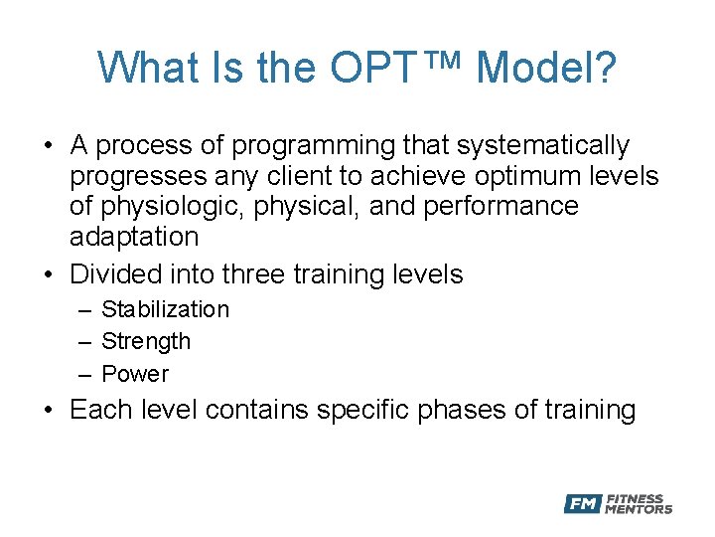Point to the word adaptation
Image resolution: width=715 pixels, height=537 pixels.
pyautogui.click(x=134, y=237)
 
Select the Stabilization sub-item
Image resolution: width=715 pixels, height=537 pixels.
pyautogui.click(x=165, y=309)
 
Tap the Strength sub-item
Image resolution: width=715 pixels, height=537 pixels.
pyautogui.click(x=146, y=341)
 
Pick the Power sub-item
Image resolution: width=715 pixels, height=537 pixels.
pyautogui.click(x=135, y=374)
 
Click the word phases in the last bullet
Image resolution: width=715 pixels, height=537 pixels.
pyautogui.click(x=462, y=410)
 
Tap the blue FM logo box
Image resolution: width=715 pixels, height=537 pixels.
pyautogui.click(x=582, y=504)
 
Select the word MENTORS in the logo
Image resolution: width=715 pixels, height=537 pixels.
pyautogui.click(x=640, y=509)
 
